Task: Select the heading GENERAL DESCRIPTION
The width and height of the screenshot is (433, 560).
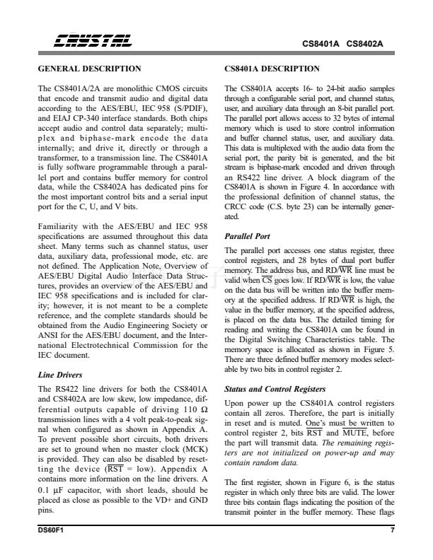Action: click(x=90, y=69)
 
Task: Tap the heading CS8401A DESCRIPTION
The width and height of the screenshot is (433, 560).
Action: click(x=272, y=69)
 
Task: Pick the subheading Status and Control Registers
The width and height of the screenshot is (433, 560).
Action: click(x=274, y=390)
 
